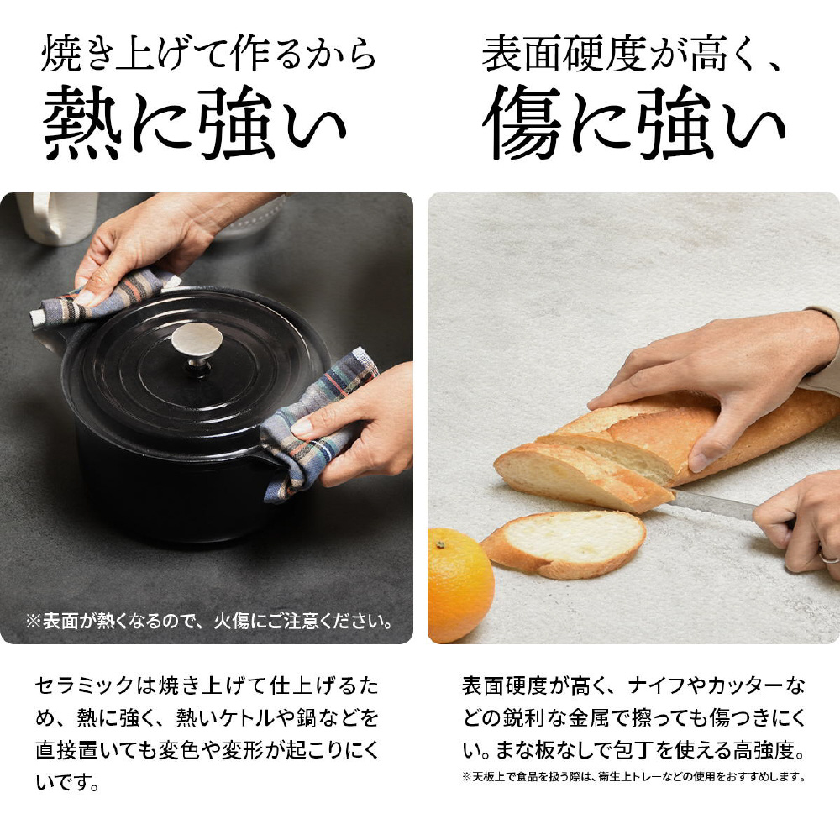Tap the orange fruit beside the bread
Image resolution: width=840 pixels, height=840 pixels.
[x=459, y=585]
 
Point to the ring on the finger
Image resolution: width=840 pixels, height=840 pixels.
[x=828, y=558]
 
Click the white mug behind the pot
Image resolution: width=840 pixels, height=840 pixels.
[x=58, y=217]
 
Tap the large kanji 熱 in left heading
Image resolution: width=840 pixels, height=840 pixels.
[x=81, y=123]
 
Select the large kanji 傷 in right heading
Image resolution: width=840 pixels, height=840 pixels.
[x=522, y=123]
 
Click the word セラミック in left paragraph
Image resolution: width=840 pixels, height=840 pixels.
[x=84, y=685]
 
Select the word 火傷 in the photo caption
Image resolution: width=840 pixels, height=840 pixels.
[x=232, y=621]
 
